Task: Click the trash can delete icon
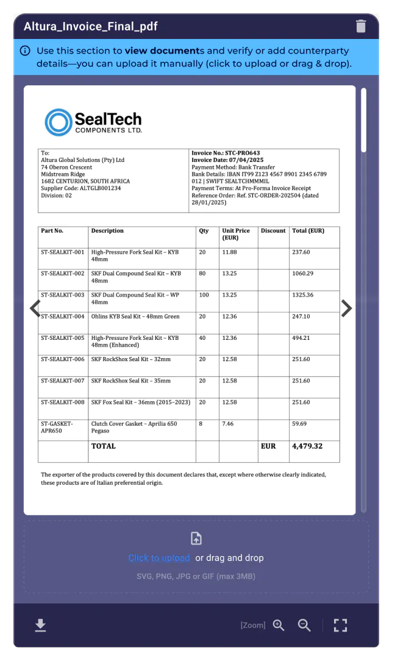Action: click(x=361, y=26)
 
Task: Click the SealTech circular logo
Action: click(x=58, y=122)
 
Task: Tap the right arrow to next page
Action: click(x=346, y=309)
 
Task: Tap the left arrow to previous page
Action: click(x=35, y=309)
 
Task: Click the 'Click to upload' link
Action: click(x=159, y=558)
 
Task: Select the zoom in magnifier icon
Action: click(x=279, y=625)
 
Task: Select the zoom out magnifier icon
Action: click(x=304, y=625)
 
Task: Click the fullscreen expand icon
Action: click(x=340, y=625)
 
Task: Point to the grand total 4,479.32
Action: click(x=307, y=446)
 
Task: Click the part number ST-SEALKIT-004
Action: click(x=63, y=317)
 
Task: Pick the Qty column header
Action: click(x=204, y=231)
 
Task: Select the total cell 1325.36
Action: click(x=302, y=295)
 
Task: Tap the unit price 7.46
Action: click(x=228, y=424)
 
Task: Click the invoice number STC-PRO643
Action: click(x=234, y=153)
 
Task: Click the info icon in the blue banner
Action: click(x=25, y=51)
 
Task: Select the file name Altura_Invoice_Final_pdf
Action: click(x=91, y=27)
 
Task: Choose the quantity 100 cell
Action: click(x=204, y=295)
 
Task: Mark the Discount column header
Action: click(x=273, y=231)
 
